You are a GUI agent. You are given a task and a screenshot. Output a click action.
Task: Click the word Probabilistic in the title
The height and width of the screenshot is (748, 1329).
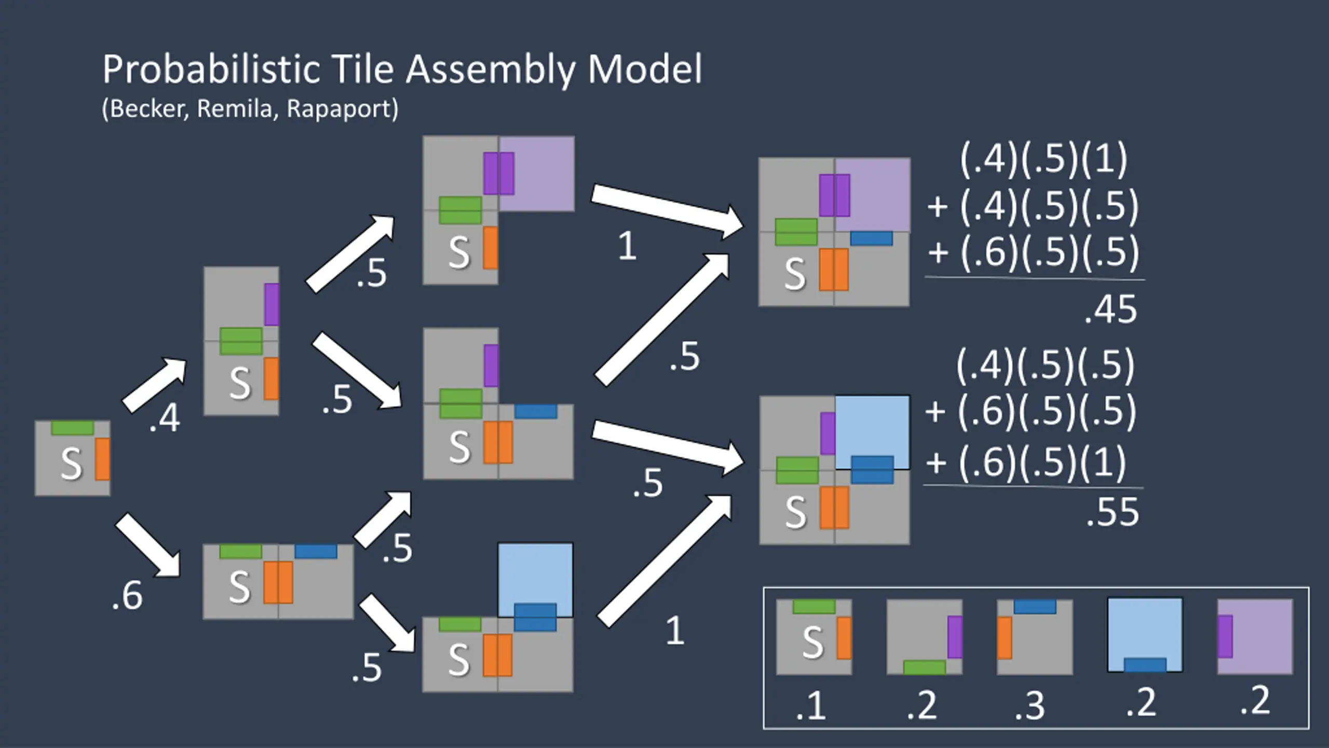[211, 70]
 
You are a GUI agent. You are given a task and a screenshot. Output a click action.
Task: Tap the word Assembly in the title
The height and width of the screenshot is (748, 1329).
[490, 70]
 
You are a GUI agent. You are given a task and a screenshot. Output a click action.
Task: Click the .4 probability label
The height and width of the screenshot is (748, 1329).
[165, 418]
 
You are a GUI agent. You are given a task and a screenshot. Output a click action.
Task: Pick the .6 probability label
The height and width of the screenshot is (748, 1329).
[127, 595]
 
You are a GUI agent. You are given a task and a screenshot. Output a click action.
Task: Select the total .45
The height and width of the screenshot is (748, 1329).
[1111, 310]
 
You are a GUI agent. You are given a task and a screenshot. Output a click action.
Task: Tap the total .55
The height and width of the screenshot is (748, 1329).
[1113, 512]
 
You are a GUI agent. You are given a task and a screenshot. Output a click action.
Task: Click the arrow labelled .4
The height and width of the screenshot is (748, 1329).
[154, 385]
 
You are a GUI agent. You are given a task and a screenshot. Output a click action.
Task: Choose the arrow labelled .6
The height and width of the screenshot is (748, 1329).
[147, 545]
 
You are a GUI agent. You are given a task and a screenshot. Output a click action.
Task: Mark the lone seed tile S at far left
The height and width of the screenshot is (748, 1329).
[72, 458]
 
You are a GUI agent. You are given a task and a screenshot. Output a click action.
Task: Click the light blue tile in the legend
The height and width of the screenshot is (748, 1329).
[1145, 635]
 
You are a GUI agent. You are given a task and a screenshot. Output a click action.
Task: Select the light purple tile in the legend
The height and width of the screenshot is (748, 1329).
[1255, 636]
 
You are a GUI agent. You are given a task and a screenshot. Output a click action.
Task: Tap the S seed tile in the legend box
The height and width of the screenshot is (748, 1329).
[814, 637]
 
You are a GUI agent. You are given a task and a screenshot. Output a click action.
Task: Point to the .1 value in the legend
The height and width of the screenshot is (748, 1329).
[811, 706]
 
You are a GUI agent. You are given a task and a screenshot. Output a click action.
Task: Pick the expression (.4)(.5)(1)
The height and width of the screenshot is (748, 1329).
[1044, 159]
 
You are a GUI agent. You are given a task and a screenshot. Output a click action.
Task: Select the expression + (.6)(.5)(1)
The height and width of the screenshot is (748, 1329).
[1026, 462]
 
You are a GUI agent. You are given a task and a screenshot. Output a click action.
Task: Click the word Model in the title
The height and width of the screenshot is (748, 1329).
[645, 70]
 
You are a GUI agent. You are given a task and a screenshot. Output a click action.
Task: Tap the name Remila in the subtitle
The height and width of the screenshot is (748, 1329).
[235, 109]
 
